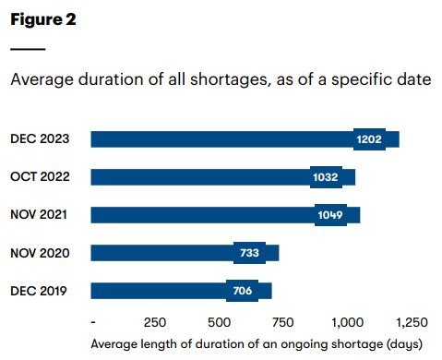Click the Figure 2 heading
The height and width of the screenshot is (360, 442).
click(x=43, y=20)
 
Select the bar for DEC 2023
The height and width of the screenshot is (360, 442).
click(x=221, y=139)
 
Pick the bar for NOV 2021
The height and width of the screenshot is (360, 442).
click(x=203, y=215)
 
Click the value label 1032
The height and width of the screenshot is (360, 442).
click(x=326, y=177)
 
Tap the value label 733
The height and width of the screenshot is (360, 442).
click(x=249, y=253)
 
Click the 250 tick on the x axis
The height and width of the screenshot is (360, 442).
click(x=155, y=323)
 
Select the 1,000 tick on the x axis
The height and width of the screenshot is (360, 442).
click(x=347, y=323)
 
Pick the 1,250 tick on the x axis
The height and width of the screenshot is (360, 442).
click(x=412, y=323)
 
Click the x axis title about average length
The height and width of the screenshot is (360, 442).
click(x=257, y=343)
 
